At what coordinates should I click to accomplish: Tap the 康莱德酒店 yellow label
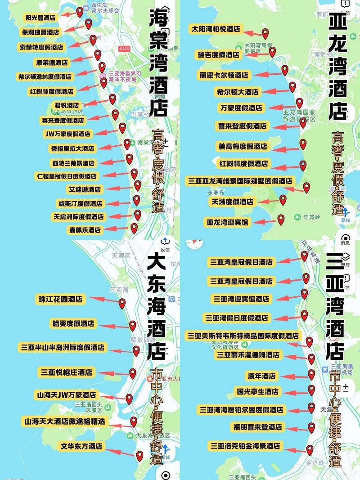(51, 62)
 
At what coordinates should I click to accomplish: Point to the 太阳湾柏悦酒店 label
(216, 29)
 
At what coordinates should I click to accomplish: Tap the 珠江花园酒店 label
(61, 299)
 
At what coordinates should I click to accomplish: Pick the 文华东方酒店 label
(82, 446)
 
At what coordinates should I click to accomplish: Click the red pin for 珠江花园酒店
(122, 304)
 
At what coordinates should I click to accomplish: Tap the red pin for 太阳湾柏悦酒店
(265, 33)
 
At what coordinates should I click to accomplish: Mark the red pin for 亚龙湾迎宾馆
(281, 220)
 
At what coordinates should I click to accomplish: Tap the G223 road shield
(124, 48)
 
